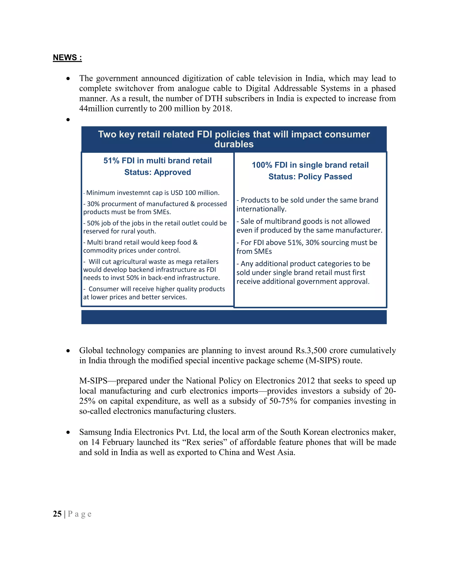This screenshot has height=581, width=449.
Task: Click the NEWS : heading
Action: [x=67, y=57]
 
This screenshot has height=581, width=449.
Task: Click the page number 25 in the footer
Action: [x=57, y=514]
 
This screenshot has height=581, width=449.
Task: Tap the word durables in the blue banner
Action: [x=234, y=144]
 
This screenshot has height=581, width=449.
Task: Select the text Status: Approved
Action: [x=157, y=172]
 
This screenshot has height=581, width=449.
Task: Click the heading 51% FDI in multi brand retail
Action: [x=157, y=160]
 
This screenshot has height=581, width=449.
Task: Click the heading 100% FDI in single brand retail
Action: [x=310, y=165]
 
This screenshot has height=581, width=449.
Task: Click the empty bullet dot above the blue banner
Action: [x=68, y=120]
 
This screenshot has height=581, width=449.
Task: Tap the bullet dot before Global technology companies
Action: [x=68, y=351]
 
